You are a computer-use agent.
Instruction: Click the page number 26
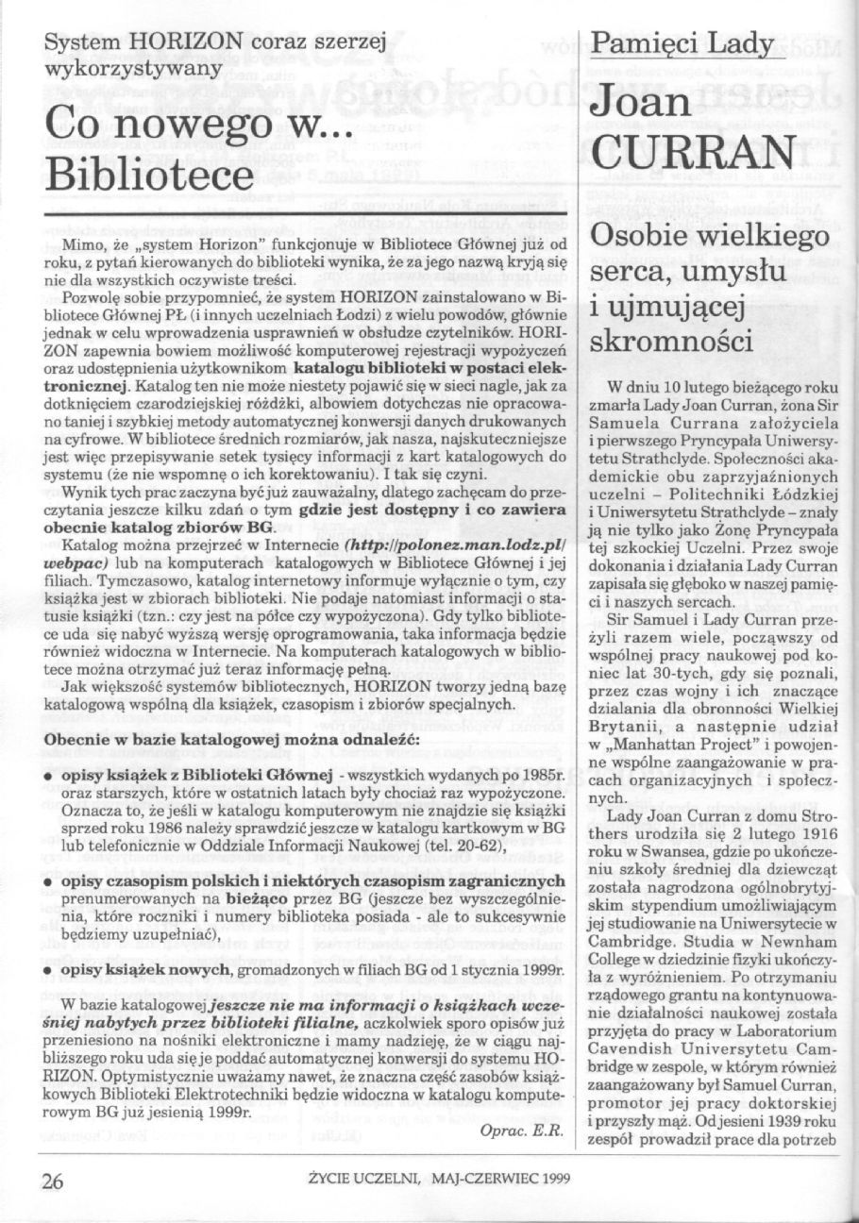50,1180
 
